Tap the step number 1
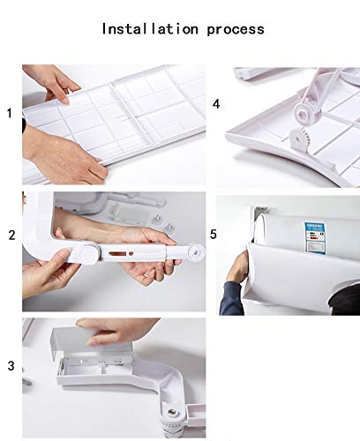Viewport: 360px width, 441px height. coord(11,114)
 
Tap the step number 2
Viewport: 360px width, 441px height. coord(11,235)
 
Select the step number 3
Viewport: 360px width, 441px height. coord(11,365)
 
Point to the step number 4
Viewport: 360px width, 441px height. coord(216,103)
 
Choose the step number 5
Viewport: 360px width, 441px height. coord(214,235)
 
